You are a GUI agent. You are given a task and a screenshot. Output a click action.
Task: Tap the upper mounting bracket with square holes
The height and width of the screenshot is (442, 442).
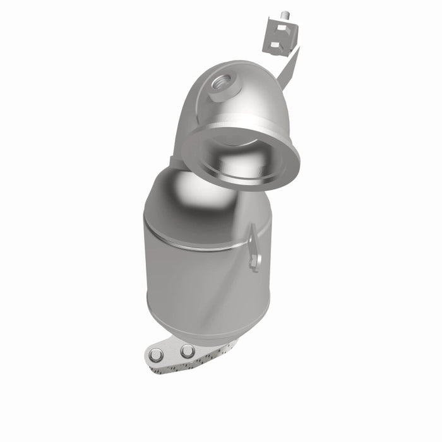click(278, 35)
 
